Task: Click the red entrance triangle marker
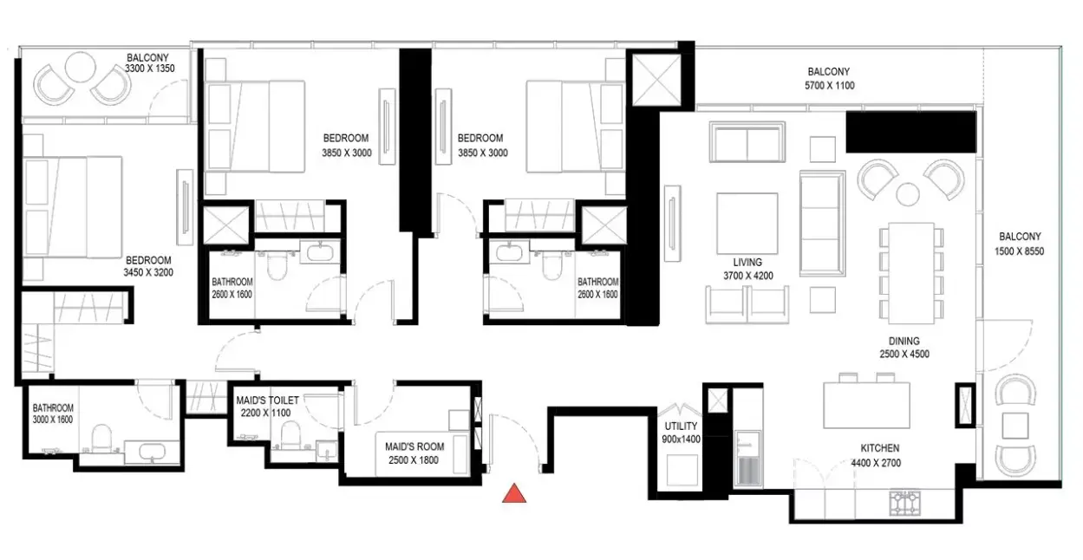coord(514,493)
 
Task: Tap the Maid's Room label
coord(414,453)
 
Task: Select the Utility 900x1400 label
coord(681,433)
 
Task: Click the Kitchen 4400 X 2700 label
coord(876,455)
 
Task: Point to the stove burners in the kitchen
coord(904,503)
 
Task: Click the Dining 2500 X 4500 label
coord(904,348)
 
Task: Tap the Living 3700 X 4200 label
coord(747,269)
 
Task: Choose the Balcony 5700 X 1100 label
coord(829,79)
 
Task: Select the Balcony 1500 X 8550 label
coord(1020,244)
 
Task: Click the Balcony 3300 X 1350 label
coord(149,62)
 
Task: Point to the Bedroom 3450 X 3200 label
coord(148,266)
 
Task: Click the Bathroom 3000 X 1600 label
coord(53,413)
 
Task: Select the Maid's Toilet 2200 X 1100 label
coord(267,407)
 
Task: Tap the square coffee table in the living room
coord(747,224)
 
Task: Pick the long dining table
coord(911,273)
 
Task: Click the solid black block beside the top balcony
coord(910,132)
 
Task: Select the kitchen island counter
coord(866,405)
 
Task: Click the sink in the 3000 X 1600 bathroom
coord(153,452)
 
